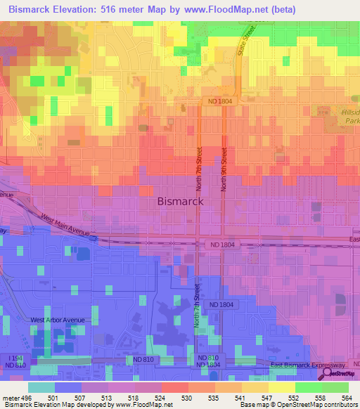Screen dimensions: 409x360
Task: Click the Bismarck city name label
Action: (179, 201)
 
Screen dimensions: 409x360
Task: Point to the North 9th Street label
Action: (224, 169)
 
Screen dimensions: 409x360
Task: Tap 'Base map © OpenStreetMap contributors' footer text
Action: (297, 405)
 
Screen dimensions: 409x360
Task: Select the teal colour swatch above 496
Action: (41, 387)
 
